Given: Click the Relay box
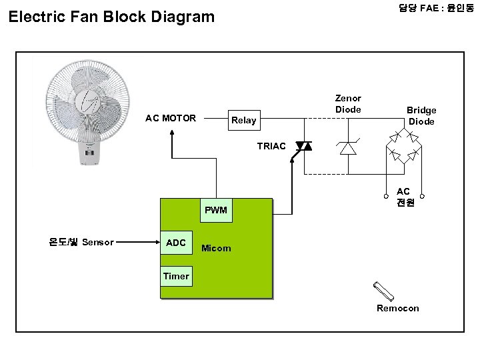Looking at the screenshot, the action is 244,120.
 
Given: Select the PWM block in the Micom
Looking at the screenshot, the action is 216,210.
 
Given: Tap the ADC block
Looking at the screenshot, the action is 176,243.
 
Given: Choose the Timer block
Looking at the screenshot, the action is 176,276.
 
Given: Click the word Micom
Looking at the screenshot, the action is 216,248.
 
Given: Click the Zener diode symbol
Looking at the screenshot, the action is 348,147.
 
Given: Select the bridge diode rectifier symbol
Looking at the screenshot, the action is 404,146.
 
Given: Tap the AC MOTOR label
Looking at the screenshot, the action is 171,118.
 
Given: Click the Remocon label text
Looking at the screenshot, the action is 397,308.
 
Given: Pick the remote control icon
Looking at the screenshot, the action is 383,291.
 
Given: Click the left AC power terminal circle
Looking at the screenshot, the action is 386,196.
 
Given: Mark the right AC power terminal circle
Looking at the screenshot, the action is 422,196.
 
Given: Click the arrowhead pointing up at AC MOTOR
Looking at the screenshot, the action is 172,133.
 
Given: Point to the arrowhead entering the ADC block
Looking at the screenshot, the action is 157,242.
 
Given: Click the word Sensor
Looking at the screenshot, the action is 98,242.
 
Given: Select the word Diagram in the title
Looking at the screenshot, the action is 183,17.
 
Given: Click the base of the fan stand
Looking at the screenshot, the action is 89,154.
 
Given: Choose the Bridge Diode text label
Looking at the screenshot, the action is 421,116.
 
